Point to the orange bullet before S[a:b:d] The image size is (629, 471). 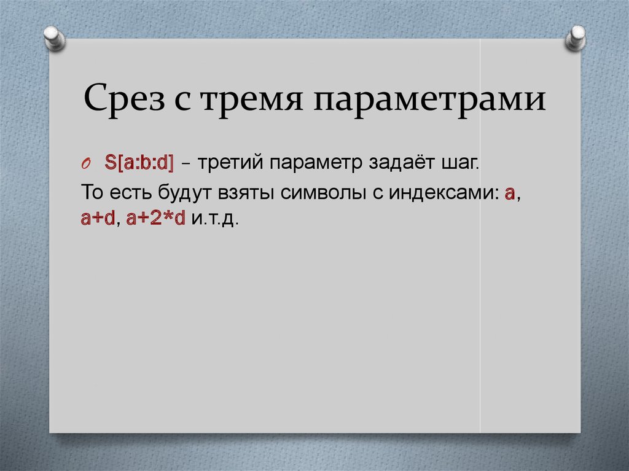pyautogui.click(x=86, y=165)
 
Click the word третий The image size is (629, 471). pyautogui.click(x=229, y=164)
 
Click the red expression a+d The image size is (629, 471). pyautogui.click(x=98, y=219)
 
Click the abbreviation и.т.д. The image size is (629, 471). pyautogui.click(x=214, y=219)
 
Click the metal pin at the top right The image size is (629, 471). pyautogui.click(x=577, y=37)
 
